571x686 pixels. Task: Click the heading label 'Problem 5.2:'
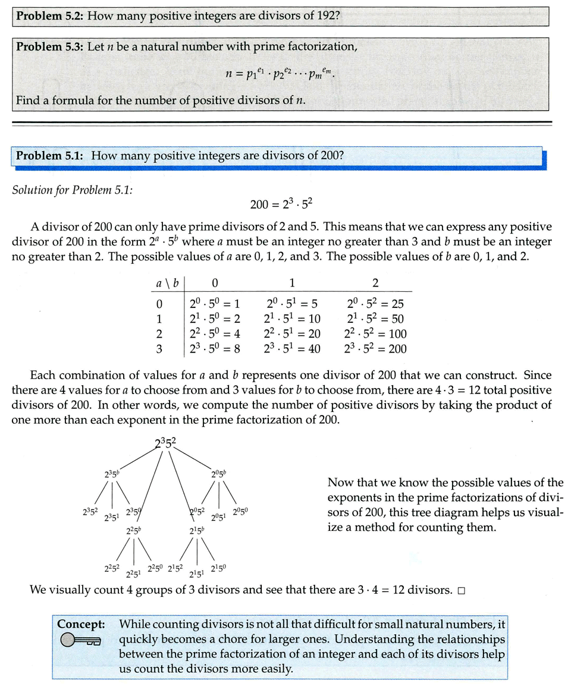tap(50, 15)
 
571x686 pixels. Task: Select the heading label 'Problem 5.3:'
tap(50, 47)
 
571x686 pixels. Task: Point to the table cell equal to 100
tap(375, 334)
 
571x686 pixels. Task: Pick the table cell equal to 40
tap(292, 349)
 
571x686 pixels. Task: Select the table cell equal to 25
tap(375, 304)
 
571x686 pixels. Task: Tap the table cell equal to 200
tap(375, 349)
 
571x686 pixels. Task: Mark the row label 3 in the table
tap(159, 349)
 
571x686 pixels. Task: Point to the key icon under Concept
tap(81, 640)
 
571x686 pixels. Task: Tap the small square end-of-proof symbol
tap(461, 591)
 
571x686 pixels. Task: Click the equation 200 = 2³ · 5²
tap(281, 204)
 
